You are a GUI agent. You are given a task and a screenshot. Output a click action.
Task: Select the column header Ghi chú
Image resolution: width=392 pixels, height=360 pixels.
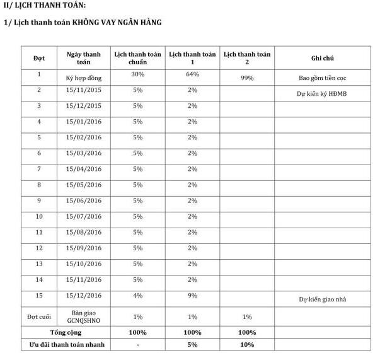point(322,58)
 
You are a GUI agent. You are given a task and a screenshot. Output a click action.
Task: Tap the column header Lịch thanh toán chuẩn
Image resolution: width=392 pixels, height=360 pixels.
point(137,58)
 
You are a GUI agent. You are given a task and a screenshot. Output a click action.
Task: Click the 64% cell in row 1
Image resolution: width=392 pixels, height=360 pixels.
point(192,74)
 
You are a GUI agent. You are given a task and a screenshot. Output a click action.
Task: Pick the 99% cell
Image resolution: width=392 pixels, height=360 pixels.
point(247,78)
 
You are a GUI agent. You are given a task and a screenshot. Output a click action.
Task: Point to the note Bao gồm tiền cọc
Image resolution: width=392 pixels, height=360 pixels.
point(322,79)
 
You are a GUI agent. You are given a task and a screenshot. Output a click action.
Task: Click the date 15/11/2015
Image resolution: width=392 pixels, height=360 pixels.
point(83,90)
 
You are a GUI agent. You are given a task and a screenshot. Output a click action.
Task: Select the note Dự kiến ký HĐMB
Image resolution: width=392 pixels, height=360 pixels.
point(322,94)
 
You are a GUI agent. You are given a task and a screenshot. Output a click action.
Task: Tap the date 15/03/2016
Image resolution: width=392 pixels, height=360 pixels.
point(83,153)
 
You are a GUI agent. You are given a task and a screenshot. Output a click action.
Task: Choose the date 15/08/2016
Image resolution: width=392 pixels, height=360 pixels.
point(83,232)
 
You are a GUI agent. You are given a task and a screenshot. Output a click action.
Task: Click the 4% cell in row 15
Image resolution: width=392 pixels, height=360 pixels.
point(137,295)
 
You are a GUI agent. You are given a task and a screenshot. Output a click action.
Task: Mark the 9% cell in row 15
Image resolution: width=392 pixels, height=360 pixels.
point(192,295)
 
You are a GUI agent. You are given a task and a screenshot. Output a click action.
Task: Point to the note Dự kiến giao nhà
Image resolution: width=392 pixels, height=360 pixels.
point(322,299)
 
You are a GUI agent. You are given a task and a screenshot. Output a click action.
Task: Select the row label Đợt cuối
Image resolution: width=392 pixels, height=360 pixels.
point(39,316)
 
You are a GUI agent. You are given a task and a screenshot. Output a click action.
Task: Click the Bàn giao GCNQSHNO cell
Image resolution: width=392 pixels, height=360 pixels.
point(83,316)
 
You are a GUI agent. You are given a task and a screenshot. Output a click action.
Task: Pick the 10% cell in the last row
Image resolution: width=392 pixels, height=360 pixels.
point(247,345)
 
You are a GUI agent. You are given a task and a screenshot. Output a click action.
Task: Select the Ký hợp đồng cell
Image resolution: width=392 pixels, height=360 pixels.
point(83,78)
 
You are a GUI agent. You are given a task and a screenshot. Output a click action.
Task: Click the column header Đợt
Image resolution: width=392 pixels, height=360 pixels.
point(39,58)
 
